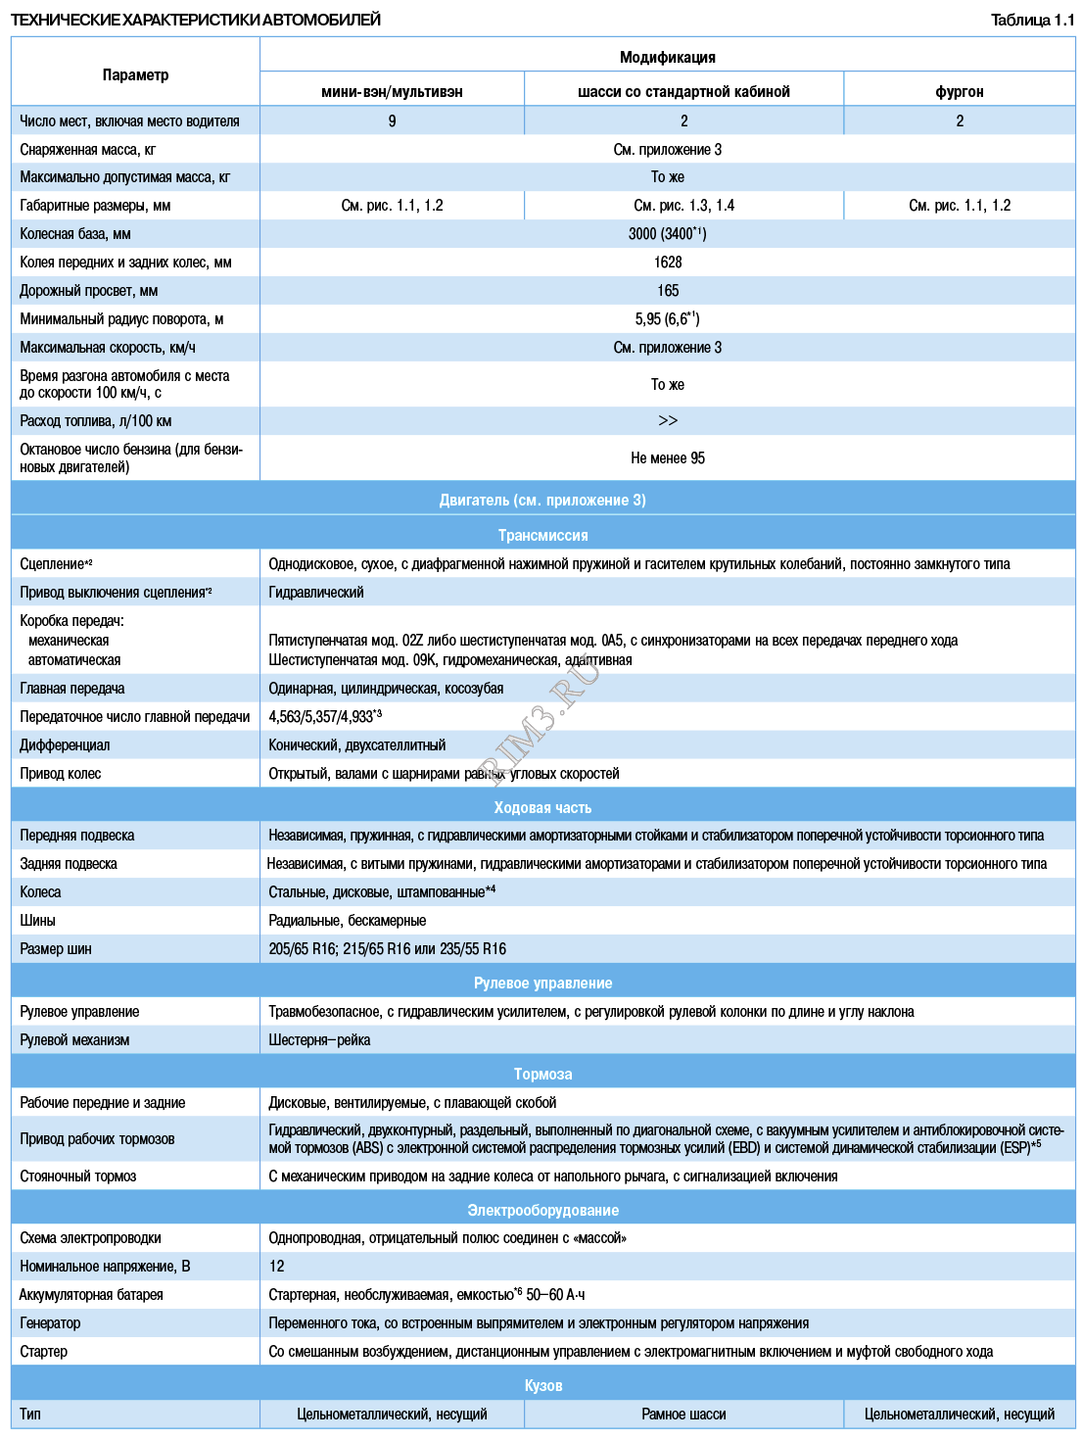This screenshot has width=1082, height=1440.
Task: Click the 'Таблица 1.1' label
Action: (x=1032, y=20)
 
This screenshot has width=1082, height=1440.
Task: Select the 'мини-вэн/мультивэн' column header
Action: (x=392, y=91)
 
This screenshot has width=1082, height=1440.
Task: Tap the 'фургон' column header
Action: (x=959, y=91)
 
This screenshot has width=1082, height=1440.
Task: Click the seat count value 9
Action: (x=392, y=120)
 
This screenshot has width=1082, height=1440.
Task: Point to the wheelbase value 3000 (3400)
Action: (x=667, y=234)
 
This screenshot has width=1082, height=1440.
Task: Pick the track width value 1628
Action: (x=668, y=263)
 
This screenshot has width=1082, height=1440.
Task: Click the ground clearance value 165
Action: (x=668, y=291)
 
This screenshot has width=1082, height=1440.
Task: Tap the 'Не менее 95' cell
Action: (x=667, y=458)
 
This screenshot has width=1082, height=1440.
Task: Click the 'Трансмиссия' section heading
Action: (x=542, y=535)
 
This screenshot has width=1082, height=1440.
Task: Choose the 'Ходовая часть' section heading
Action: (x=542, y=807)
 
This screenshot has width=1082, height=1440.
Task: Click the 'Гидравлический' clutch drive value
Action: (x=316, y=593)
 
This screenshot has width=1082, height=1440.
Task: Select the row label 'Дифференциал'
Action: (x=65, y=745)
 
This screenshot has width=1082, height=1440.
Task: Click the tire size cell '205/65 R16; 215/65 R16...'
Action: (x=387, y=949)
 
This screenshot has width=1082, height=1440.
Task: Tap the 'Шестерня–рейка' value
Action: (x=319, y=1040)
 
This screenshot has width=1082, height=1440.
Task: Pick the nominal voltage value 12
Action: (x=277, y=1267)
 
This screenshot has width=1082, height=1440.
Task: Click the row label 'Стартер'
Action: (x=44, y=1352)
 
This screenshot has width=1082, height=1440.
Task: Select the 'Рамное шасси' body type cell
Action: (x=683, y=1415)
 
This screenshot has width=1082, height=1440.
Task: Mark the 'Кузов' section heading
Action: (x=542, y=1385)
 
